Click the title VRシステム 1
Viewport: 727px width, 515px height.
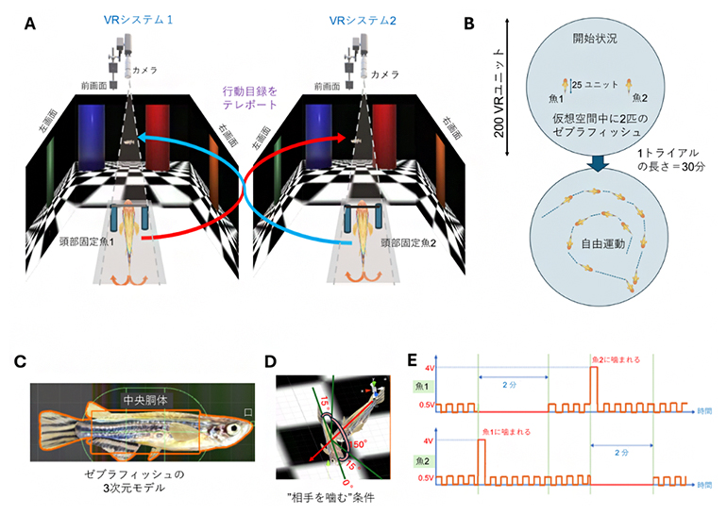pos(140,19)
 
